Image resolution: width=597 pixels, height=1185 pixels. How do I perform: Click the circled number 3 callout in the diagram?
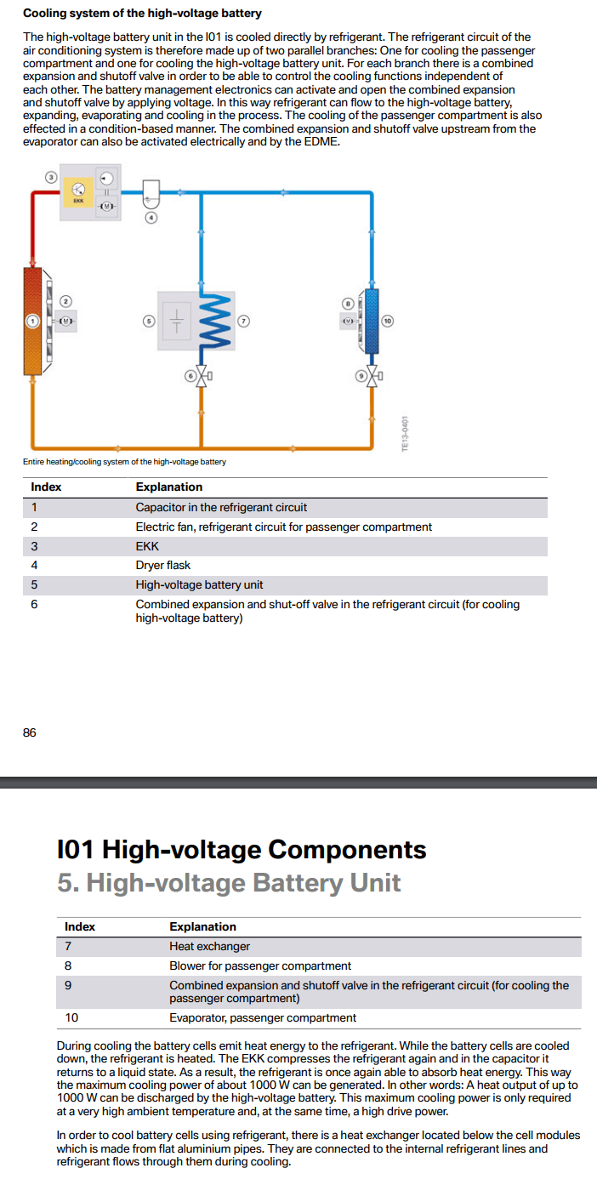[x=50, y=177]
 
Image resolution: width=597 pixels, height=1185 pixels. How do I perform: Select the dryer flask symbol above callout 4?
[x=151, y=193]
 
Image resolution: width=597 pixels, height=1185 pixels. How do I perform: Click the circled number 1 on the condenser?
[x=32, y=321]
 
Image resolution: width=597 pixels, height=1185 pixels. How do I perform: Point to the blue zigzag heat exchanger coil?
[x=215, y=322]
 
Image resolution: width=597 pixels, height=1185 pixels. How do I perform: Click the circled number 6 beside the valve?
[x=190, y=375]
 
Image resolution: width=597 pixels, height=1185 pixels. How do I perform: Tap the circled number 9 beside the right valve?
[x=361, y=375]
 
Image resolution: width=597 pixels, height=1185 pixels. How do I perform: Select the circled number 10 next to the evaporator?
[x=388, y=321]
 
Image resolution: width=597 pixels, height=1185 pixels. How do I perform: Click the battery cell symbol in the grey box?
[x=178, y=321]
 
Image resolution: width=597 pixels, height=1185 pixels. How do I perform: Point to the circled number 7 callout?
[x=244, y=321]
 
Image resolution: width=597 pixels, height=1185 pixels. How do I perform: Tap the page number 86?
[x=30, y=732]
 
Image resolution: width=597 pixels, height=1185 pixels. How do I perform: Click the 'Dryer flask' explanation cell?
[x=163, y=565]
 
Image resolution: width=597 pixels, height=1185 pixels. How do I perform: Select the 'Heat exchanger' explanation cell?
[x=209, y=946]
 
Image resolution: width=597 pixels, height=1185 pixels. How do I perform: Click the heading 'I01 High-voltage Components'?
[x=242, y=849]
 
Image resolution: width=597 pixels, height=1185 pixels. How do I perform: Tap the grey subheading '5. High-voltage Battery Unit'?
[x=229, y=883]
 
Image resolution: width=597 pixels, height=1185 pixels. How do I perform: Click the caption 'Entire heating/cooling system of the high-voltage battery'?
[x=124, y=462]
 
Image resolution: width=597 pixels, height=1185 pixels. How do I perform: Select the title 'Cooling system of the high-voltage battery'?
[x=142, y=14]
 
